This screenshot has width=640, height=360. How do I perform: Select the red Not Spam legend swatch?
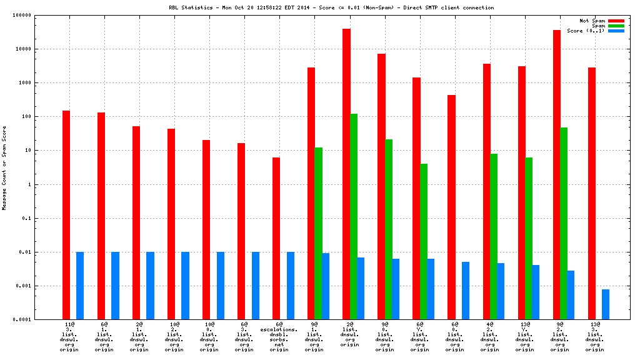tap(616, 21)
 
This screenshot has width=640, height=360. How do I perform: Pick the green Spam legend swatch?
tap(616, 26)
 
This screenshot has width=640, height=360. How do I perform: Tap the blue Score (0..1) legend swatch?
tap(616, 31)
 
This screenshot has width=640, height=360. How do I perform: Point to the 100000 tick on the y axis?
tap(22, 15)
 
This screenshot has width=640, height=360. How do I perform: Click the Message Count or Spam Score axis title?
tap(4, 167)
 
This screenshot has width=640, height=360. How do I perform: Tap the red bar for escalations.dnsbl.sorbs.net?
tap(276, 238)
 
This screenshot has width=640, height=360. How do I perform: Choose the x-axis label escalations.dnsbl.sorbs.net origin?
tap(279, 338)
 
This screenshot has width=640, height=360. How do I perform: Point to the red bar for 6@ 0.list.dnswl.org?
tap(451, 207)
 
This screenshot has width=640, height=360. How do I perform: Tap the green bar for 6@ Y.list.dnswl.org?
tap(423, 241)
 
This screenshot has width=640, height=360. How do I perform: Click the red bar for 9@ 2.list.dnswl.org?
tap(556, 174)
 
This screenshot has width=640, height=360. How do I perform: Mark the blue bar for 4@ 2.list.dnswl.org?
tap(501, 291)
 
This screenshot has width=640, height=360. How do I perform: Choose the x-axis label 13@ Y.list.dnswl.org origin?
tap(524, 338)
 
